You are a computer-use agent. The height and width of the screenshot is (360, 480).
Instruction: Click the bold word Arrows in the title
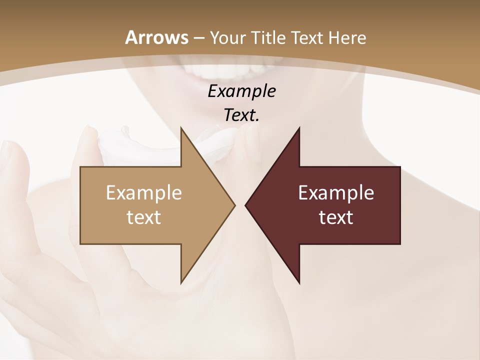click(x=156, y=37)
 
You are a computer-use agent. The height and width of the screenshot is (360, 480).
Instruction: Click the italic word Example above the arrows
click(x=241, y=91)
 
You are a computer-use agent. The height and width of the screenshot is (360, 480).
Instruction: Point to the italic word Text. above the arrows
click(x=241, y=115)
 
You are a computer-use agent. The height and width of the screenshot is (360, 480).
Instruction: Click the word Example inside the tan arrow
click(x=143, y=192)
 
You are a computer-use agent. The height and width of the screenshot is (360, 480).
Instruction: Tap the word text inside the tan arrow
click(x=143, y=217)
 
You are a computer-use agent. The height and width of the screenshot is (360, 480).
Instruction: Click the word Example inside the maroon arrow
click(x=336, y=192)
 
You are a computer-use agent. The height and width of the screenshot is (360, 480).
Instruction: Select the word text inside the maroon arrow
click(x=336, y=217)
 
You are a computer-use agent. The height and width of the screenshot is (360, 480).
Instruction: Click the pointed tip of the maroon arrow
click(x=246, y=205)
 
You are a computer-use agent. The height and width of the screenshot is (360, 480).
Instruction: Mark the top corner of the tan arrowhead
click(x=181, y=128)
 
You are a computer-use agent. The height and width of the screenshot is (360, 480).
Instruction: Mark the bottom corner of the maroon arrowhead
click(x=299, y=282)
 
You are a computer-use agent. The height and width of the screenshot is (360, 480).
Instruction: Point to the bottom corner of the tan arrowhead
click(x=181, y=282)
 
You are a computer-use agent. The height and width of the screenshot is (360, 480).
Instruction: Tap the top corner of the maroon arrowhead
click(x=299, y=128)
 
